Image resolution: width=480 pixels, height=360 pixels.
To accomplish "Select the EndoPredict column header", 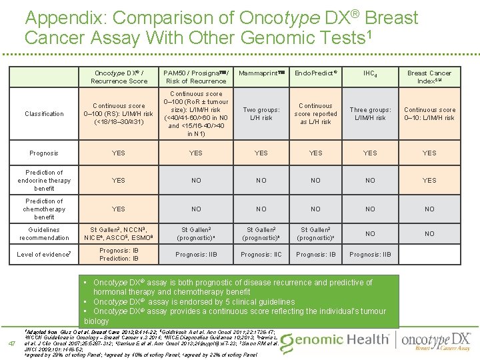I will [315, 73].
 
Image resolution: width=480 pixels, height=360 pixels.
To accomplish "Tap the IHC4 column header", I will [369, 73].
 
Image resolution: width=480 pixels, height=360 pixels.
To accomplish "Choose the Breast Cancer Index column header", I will [429, 77].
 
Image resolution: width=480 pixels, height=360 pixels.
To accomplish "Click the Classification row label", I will [44, 114].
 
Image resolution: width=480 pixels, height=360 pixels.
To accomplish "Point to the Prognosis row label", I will [44, 153].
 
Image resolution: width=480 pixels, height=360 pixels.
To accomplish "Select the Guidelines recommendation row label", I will [44, 233].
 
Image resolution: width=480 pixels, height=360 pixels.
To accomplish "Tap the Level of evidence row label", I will [44, 254].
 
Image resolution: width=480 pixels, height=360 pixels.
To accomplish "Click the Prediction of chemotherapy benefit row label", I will [44, 209].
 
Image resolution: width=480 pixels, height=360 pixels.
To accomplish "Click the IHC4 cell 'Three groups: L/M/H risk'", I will [369, 114].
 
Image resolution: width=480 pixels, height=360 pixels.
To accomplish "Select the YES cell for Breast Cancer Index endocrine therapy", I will [429, 180].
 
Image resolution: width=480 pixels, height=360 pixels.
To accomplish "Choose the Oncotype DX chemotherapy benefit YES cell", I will [119, 209].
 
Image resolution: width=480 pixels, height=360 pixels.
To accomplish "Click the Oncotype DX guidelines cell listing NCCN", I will [119, 233].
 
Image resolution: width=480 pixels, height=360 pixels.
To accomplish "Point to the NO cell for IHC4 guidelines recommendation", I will [369, 233].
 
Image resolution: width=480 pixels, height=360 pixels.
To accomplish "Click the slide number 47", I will [10, 344].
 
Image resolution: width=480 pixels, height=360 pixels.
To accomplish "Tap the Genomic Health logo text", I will [333, 341].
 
